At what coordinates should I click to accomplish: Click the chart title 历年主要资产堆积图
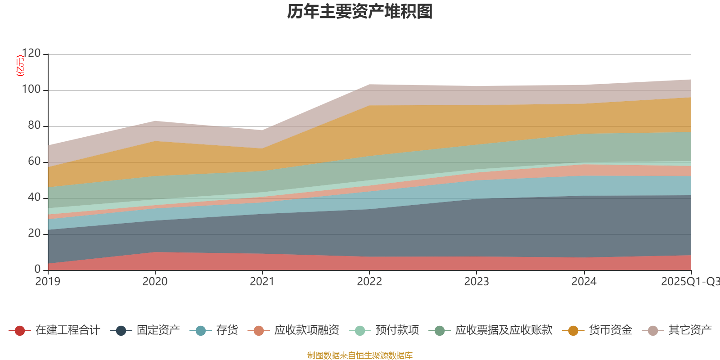pos(360,12)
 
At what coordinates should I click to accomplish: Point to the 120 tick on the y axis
pos(31,54)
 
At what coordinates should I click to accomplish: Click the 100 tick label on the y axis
pos(31,90)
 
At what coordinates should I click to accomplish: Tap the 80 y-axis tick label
pos(34,126)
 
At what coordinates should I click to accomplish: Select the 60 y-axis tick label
pos(34,162)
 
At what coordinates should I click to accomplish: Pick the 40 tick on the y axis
pos(34,198)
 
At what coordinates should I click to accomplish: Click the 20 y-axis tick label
pos(34,234)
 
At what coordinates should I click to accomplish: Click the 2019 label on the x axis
pos(48,282)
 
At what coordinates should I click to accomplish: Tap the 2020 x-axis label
pos(155,282)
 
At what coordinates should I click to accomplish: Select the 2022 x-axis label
pos(369,282)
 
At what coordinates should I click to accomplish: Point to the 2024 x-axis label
pos(584,282)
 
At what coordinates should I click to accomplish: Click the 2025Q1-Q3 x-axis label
pos(689,282)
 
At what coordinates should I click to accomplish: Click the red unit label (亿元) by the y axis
pos(20,66)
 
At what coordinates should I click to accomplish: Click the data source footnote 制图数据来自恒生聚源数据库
pos(360,355)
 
